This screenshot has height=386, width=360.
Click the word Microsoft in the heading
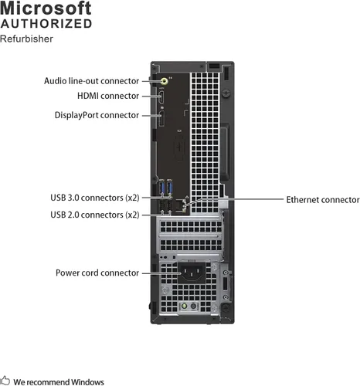46,8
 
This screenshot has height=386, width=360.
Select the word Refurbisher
27,39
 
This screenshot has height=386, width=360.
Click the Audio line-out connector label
91,80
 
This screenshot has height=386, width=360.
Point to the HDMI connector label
108,96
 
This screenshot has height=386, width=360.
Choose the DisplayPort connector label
97,115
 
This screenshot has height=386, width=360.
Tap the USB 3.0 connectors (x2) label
95,198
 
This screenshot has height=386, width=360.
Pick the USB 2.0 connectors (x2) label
95,214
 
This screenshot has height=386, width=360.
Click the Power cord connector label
97,273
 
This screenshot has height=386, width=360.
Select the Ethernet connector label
323,199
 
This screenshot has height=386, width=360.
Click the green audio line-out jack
163,80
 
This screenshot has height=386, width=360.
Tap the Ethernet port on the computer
182,205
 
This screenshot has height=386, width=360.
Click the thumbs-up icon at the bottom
5,381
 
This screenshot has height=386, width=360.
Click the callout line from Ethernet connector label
247,199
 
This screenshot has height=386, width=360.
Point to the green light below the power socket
184,306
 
